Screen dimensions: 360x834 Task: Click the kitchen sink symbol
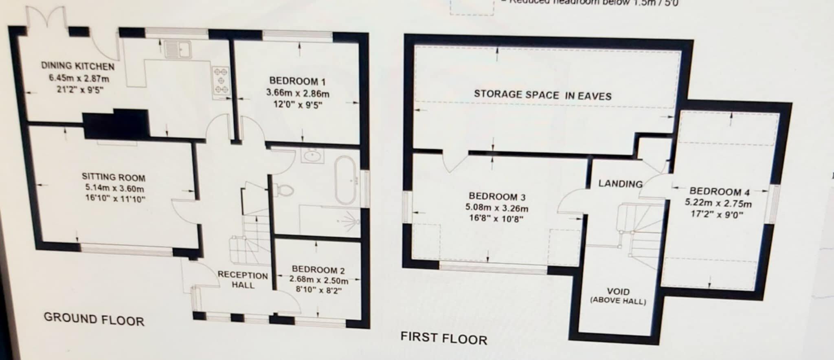(178, 49)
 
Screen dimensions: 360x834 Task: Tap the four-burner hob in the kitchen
(221, 81)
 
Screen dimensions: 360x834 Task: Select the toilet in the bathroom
(285, 190)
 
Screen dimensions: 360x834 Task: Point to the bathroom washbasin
(312, 155)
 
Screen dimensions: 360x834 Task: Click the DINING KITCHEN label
(77, 66)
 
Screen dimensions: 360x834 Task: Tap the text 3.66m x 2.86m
(298, 93)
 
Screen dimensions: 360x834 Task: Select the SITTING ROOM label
(113, 177)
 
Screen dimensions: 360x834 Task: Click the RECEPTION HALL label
(243, 280)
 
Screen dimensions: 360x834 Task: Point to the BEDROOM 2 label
(318, 270)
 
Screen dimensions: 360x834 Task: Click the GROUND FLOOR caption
(94, 319)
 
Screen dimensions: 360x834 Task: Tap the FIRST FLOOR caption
(443, 338)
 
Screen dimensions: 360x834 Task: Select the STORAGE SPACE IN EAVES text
(542, 95)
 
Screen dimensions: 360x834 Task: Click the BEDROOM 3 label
(497, 197)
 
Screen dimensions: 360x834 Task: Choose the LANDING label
(620, 184)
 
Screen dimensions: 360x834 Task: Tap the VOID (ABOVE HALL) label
(618, 296)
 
